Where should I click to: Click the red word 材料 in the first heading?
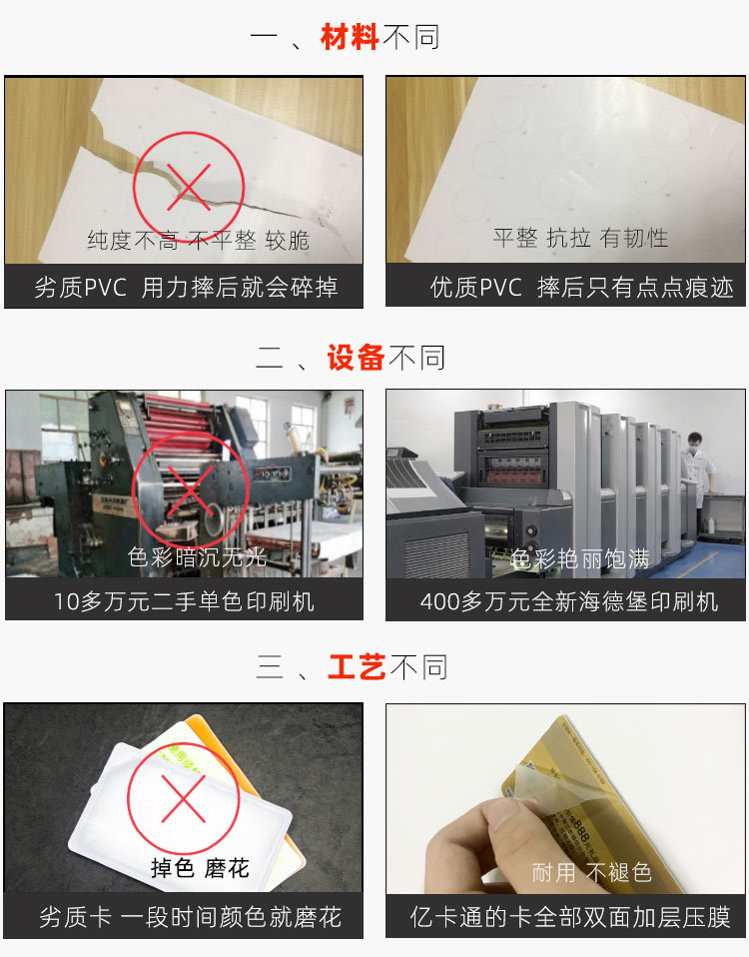tap(350, 38)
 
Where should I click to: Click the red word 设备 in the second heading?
tap(356, 357)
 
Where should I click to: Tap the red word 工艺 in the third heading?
tap(357, 666)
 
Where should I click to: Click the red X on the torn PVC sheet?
tap(189, 183)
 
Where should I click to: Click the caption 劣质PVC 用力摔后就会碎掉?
tap(186, 288)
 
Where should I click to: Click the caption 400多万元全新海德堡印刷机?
tap(568, 600)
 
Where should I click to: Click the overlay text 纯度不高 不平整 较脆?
tap(198, 240)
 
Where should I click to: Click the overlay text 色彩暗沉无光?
tap(198, 556)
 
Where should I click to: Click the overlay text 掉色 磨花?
tap(199, 868)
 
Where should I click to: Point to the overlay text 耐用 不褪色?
tap(591, 872)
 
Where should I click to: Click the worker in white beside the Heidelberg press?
tap(696, 470)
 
